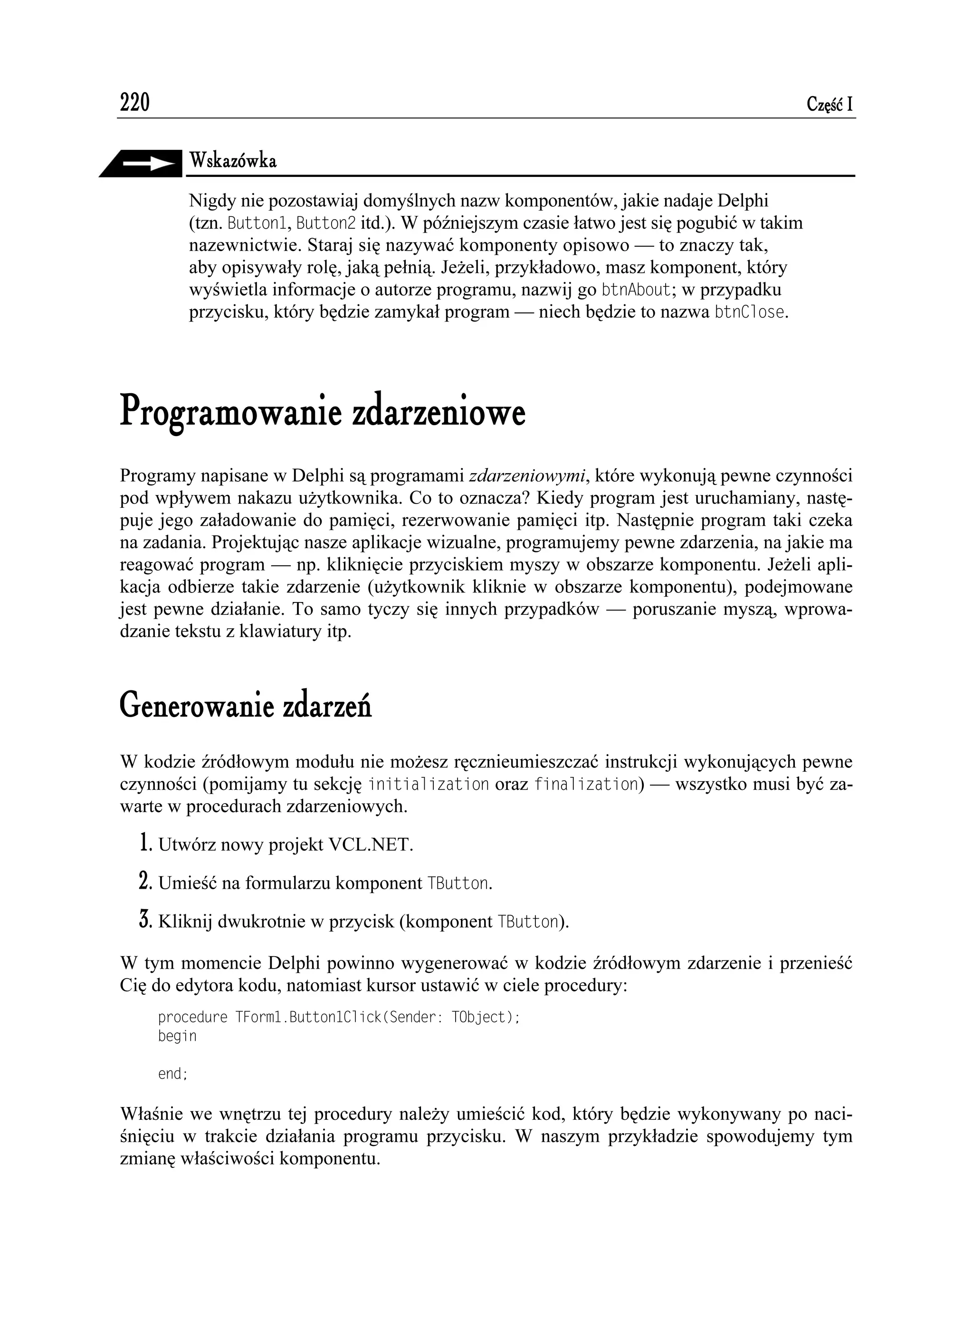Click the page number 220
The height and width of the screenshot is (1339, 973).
[134, 103]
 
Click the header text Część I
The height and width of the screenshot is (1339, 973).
[829, 105]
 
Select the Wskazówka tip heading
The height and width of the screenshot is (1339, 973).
[232, 161]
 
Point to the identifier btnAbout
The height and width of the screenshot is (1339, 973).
[636, 291]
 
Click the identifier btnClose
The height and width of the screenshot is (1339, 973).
[750, 312]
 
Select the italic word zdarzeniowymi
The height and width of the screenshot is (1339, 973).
[529, 476]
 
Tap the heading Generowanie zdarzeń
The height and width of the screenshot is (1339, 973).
[246, 707]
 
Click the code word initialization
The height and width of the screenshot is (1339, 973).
[429, 785]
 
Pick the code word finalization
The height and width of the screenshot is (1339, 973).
[588, 785]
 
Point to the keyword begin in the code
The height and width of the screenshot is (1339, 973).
[177, 1036]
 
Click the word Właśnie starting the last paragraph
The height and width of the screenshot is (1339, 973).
[152, 1115]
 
